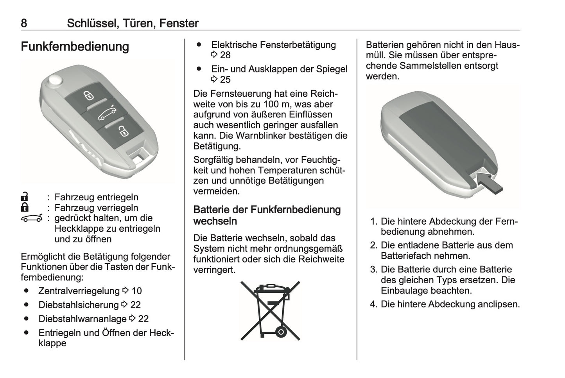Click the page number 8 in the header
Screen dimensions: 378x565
pyautogui.click(x=24, y=23)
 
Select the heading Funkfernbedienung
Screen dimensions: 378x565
pyautogui.click(x=75, y=47)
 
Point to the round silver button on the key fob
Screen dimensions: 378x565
pyautogui.click(x=54, y=81)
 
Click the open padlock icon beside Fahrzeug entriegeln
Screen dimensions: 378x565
pyautogui.click(x=25, y=197)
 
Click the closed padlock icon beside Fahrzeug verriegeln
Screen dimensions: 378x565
pyautogui.click(x=25, y=207)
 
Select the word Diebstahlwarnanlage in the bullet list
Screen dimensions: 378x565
pyautogui.click(x=82, y=319)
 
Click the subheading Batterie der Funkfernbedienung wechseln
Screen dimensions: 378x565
pyautogui.click(x=267, y=215)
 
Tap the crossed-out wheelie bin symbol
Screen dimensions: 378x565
pyautogui.click(x=270, y=310)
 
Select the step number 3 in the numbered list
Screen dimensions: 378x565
pyautogui.click(x=373, y=270)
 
